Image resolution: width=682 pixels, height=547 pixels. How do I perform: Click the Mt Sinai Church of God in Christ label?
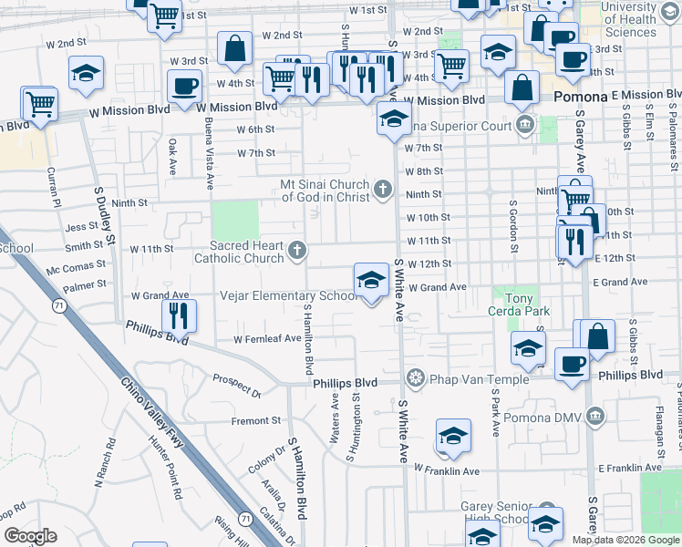(325, 191)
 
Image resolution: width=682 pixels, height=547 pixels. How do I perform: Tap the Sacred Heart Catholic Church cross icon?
(296, 251)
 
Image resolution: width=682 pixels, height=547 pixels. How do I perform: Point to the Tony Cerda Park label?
(522, 304)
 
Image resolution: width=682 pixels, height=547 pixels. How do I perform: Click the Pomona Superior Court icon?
(524, 125)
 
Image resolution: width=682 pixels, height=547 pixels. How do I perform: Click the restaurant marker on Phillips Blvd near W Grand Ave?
(178, 315)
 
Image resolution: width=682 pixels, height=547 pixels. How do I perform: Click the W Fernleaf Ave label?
(267, 338)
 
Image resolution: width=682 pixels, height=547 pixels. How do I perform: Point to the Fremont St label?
(256, 420)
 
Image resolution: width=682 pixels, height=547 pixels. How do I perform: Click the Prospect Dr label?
(237, 386)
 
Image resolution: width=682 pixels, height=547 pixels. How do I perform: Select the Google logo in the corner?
(29, 536)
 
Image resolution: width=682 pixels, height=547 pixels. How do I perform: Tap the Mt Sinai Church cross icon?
(383, 191)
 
